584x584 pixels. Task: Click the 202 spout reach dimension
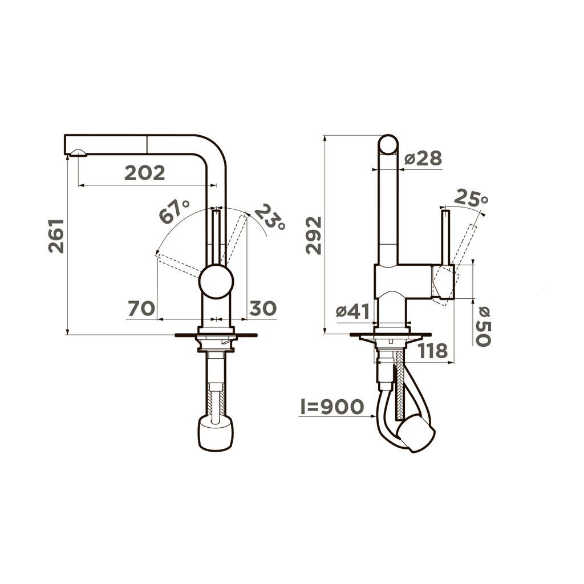click(145, 172)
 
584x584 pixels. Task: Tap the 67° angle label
click(174, 212)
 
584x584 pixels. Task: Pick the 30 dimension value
click(263, 309)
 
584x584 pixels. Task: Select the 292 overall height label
click(314, 235)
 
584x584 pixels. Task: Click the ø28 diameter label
click(423, 159)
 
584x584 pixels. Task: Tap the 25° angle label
click(471, 198)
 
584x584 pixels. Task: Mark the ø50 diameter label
click(482, 326)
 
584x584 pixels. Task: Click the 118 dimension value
click(433, 351)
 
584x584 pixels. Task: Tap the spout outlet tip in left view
click(76, 152)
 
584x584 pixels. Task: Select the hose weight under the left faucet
click(216, 432)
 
